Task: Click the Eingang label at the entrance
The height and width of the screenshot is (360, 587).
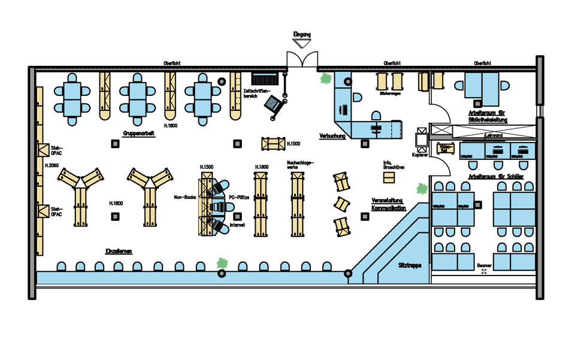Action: coord(301,35)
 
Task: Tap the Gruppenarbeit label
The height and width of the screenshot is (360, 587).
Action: coord(139,134)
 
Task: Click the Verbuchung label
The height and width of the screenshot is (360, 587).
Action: coord(332,136)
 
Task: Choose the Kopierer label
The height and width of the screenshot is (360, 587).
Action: coord(420,155)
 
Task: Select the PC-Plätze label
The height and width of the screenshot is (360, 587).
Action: coord(240,196)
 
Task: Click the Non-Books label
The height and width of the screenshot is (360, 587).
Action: coord(185,196)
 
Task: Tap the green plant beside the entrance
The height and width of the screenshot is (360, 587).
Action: coord(326,78)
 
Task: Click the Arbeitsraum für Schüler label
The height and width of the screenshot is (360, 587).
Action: coord(497,177)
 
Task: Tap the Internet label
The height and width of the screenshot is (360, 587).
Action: coord(238,225)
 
